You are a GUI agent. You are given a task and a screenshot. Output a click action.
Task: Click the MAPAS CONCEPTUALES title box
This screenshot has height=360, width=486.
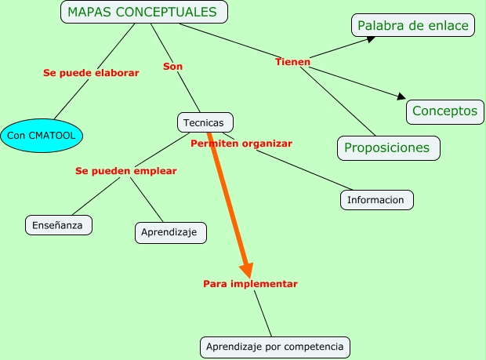(x=144, y=12)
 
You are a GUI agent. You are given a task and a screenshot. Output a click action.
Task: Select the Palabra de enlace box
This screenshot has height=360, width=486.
(x=412, y=26)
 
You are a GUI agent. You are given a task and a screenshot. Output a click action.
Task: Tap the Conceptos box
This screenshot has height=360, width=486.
(x=444, y=111)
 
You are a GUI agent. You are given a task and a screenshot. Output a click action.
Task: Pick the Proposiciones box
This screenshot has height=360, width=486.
(x=387, y=147)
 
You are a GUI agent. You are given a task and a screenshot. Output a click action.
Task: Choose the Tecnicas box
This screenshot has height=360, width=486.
(x=205, y=122)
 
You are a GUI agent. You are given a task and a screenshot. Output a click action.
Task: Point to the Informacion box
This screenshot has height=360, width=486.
(x=376, y=200)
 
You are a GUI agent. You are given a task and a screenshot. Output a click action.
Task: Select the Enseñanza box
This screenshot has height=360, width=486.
(x=58, y=225)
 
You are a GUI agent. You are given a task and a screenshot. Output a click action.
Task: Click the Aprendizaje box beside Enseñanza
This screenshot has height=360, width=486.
(x=170, y=232)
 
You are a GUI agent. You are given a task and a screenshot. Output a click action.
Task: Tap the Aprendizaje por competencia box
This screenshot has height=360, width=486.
(x=274, y=346)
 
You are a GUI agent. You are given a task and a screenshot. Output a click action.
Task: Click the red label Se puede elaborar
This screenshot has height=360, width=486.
(x=91, y=73)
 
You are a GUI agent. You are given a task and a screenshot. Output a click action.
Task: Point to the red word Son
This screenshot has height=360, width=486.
(x=172, y=67)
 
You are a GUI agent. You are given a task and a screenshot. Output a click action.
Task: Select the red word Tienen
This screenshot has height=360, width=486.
(x=292, y=62)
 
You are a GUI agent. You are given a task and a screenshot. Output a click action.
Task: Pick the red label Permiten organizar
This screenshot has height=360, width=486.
(x=241, y=144)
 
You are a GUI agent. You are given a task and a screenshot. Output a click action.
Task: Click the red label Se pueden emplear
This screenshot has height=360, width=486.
(x=126, y=170)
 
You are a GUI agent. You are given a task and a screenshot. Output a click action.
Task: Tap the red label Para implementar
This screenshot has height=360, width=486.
(x=250, y=283)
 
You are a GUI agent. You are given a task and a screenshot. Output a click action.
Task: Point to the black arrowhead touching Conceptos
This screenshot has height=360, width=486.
(x=401, y=97)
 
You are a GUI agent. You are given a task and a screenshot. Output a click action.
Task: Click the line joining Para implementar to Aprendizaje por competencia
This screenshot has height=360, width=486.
(x=263, y=314)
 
